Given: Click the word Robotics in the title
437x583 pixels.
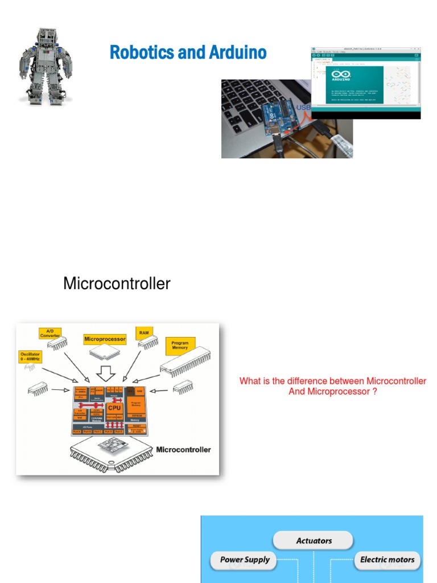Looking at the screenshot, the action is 142,53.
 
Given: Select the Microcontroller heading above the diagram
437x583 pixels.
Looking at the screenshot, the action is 117,284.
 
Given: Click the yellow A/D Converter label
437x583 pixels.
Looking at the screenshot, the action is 50,333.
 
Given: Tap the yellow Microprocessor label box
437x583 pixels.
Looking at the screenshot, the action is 105,339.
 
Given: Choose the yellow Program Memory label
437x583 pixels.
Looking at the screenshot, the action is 180,345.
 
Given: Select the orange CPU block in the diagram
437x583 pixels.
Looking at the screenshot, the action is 115,408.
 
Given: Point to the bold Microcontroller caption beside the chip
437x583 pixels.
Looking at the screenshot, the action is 183,449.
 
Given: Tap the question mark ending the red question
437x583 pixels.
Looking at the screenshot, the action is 374,392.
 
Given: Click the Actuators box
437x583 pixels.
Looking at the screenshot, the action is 314,541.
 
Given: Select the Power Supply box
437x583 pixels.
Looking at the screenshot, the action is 245,560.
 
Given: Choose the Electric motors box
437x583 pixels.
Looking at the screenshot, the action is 387,560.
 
